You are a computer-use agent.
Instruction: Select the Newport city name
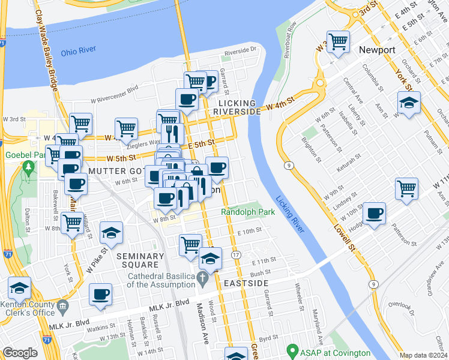click(377, 50)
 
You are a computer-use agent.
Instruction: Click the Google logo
click(20, 353)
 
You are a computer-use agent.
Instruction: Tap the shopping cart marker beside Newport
click(338, 41)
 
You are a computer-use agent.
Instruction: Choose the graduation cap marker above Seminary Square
click(111, 232)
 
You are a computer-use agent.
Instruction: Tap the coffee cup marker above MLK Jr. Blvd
click(101, 294)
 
